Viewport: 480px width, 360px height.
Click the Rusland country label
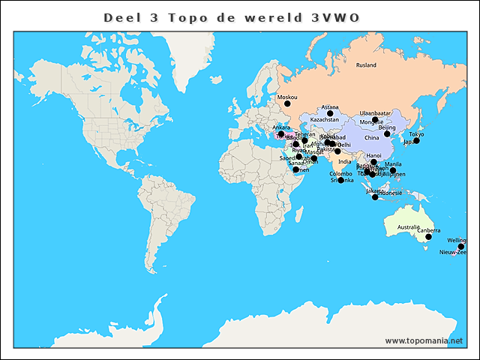(x=366, y=65)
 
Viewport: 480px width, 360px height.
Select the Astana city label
(x=330, y=107)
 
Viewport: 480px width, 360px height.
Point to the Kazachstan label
(x=325, y=119)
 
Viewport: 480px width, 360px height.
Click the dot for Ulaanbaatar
(x=375, y=120)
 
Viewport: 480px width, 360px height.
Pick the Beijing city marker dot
(x=388, y=134)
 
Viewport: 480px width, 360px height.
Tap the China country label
(x=372, y=138)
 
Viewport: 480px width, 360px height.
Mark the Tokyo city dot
(x=416, y=141)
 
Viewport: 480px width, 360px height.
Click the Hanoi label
(x=373, y=155)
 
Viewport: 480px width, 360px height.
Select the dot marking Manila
(x=393, y=171)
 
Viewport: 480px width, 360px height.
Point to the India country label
(x=344, y=161)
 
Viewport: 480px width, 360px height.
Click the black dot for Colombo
(x=340, y=180)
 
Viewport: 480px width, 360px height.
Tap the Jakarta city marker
(x=375, y=197)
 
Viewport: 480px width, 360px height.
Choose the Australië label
(x=409, y=226)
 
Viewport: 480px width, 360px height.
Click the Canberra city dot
(x=428, y=237)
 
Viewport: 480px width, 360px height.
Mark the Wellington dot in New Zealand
(x=461, y=247)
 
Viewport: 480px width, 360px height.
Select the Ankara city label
(x=281, y=127)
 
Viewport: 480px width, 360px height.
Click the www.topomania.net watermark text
(x=424, y=340)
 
